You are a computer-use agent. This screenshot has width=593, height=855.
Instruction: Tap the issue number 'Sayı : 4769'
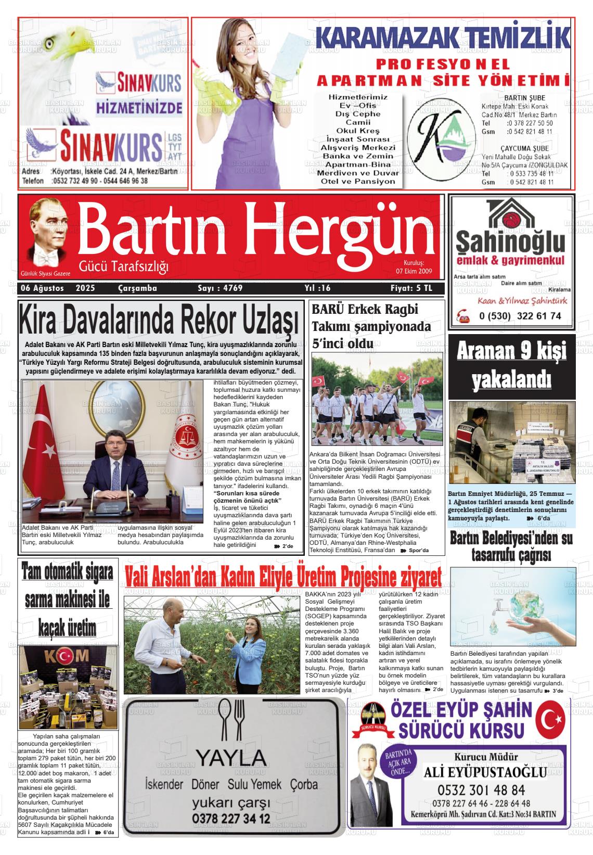pyautogui.click(x=220, y=288)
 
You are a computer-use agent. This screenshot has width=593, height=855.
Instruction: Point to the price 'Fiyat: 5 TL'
pyautogui.click(x=411, y=288)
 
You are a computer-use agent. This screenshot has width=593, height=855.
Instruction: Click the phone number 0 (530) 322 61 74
pyautogui.click(x=512, y=316)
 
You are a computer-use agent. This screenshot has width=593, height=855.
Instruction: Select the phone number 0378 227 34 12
pyautogui.click(x=231, y=819)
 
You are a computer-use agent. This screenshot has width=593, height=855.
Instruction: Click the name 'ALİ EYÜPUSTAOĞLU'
pyautogui.click(x=485, y=772)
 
